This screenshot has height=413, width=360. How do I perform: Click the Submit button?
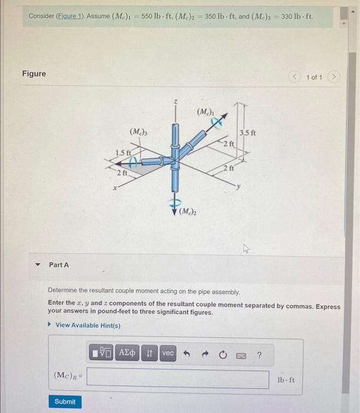pos(65,401)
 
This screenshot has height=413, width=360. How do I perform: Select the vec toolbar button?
pos(168,353)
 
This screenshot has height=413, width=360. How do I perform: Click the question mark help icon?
pos(258,354)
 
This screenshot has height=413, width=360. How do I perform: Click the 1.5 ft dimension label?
pos(123,153)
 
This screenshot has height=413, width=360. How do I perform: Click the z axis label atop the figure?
pos(175,102)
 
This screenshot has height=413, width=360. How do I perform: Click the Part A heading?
pos(59,265)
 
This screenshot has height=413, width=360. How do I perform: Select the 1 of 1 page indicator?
pos(315,77)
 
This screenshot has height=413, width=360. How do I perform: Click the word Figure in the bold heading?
pos(34,74)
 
